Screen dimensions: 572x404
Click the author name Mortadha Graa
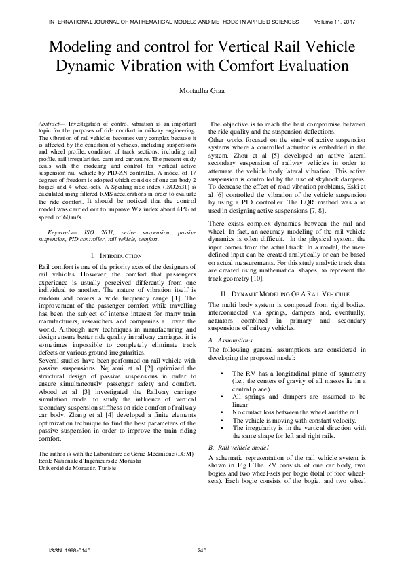pyautogui.click(x=202, y=90)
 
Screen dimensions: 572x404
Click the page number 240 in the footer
pyautogui.click(x=201, y=550)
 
